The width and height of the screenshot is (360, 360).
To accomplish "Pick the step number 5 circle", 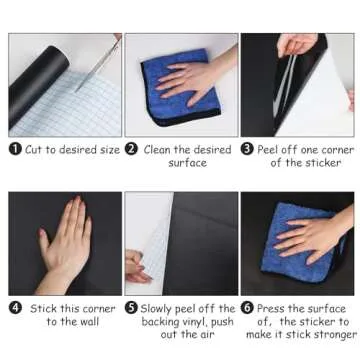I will pyautogui.click(x=131, y=308).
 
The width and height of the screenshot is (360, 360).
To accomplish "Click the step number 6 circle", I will pyautogui.click(x=247, y=308).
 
